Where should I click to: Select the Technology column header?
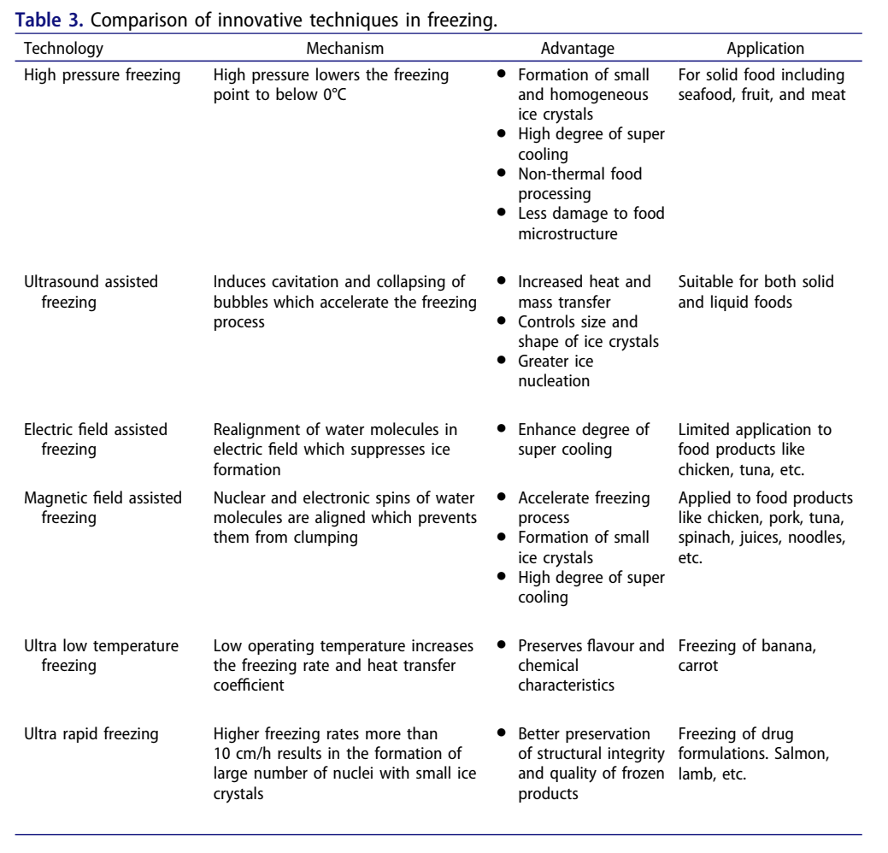(63, 49)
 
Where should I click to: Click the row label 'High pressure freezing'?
(102, 75)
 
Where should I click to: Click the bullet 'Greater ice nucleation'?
(559, 371)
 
